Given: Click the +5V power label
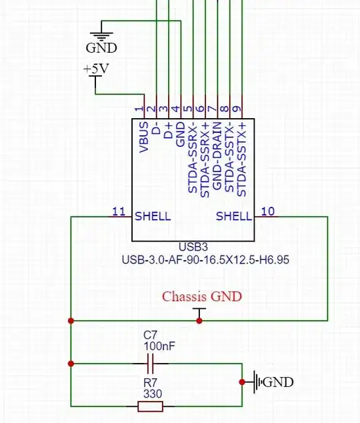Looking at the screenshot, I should pos(96,69).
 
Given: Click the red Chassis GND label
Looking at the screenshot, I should pos(203,296).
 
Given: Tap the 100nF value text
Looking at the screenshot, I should pos(159,347).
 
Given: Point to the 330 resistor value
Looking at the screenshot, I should pos(153,394).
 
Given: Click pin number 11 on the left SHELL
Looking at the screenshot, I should pos(119,211).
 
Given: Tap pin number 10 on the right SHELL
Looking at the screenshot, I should pos(268,211).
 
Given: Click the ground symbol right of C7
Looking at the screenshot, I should pos(257,382).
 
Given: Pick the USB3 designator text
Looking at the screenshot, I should pos(194,247).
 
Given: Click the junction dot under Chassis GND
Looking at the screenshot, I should pos(199,321).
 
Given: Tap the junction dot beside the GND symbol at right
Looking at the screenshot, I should pos(241,382).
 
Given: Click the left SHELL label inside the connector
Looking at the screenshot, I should pos(153,216).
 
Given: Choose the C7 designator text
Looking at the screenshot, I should pos(151,336).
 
